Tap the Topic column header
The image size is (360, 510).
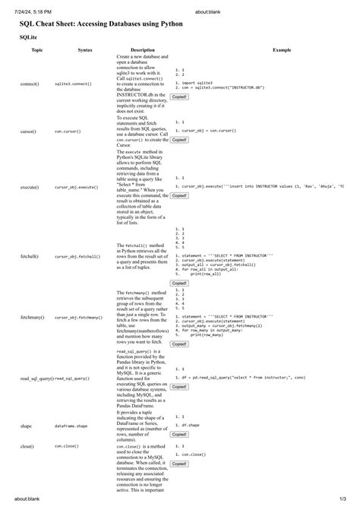36,50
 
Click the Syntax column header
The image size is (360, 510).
85,50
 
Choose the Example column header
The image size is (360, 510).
282,50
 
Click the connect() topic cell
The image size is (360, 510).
30,83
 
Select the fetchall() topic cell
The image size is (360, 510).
30,257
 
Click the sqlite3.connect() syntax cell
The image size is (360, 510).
73,83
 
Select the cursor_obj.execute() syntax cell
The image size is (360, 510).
76,186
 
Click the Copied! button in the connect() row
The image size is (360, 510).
179,97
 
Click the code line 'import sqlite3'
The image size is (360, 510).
199,83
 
